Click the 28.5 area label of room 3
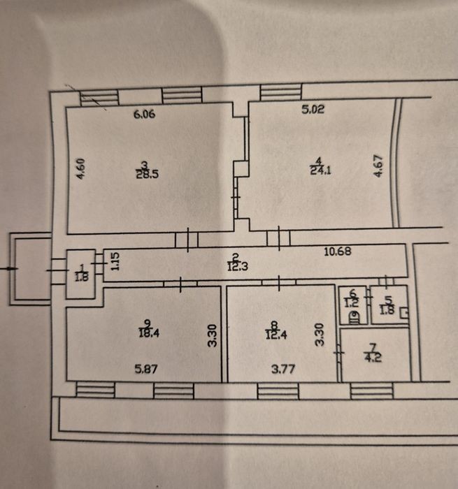148,174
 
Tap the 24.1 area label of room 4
320,170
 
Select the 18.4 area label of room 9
149,333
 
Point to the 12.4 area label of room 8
276,335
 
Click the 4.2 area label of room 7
373,357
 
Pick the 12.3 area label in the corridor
237,267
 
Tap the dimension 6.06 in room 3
144,114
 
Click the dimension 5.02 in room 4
313,109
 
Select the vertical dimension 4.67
378,166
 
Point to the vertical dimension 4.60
81,169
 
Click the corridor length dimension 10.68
338,251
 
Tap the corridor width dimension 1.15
115,261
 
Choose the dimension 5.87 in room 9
146,370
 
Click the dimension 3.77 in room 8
283,370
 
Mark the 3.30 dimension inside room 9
213,335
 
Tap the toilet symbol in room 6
355,318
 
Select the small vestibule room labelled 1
80,274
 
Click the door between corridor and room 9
180,284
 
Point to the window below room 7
371,391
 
